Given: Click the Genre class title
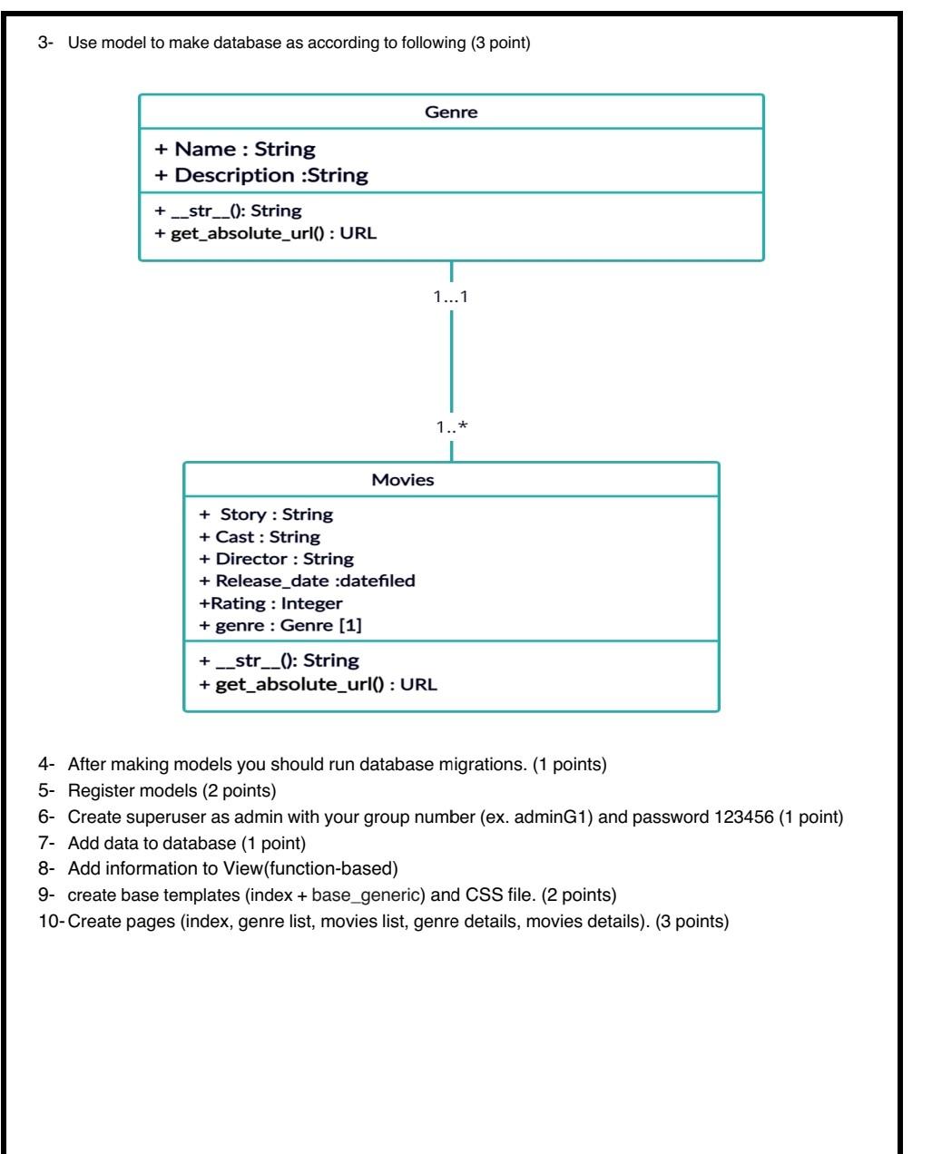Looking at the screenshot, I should pos(451,112).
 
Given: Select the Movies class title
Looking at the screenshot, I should pos(403,480).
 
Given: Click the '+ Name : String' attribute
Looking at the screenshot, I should pos(235,149).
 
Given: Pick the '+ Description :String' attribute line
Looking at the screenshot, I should pos(261,175).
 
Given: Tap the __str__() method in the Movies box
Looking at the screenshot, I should pos(280,660).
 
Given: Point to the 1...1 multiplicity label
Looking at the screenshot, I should pos(450,296).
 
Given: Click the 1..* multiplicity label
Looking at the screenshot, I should pos(451,426).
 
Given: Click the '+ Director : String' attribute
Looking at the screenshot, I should pos(277,559).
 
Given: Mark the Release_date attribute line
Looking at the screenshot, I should pos(308,581).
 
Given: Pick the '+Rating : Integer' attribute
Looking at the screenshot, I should pos(271,603).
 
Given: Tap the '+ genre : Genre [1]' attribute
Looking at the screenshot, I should pos(281,625).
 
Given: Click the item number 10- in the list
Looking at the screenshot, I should pos(50,923).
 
